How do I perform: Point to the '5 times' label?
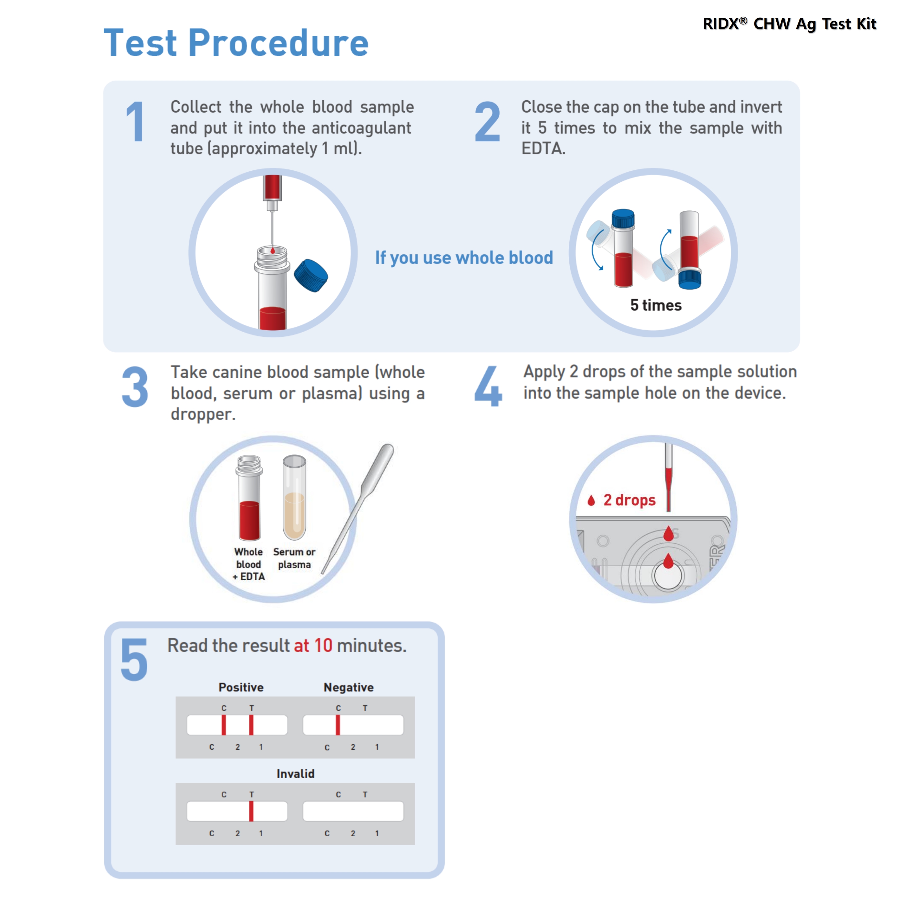(655, 305)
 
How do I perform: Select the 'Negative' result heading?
(348, 687)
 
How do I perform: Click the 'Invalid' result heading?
(295, 774)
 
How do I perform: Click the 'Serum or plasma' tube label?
(294, 558)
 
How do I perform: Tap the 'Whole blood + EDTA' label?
(249, 564)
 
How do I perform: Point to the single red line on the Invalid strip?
(251, 811)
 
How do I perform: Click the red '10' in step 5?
(323, 646)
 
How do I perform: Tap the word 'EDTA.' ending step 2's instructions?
(543, 149)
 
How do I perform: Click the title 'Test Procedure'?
(236, 43)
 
